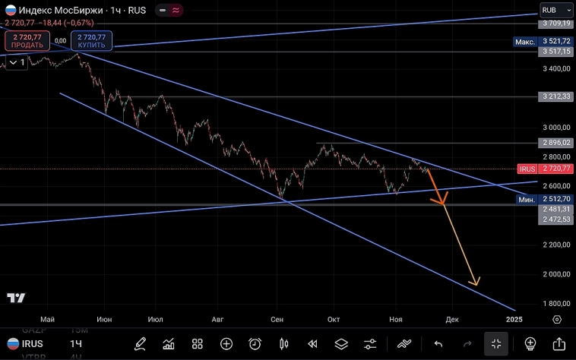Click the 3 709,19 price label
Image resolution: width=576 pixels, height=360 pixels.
(555, 24)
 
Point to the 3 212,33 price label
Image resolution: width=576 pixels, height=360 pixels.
(555, 97)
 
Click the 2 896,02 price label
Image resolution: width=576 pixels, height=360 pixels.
(555, 143)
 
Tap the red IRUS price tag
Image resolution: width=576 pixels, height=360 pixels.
(527, 168)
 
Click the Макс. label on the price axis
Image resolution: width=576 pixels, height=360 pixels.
(525, 41)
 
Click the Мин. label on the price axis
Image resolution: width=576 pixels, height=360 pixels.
(527, 199)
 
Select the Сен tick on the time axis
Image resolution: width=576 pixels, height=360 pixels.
(277, 319)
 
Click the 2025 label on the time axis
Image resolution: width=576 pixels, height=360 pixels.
(514, 319)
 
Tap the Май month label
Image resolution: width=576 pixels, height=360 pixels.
(48, 319)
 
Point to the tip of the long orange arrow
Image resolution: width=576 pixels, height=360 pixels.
(477, 285)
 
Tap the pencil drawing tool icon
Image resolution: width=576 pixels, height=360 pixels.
(140, 343)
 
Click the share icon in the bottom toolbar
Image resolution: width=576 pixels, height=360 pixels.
(559, 343)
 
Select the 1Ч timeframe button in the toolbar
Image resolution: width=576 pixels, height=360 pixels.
(76, 344)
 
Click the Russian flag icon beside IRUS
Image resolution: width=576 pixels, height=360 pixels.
(13, 344)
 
